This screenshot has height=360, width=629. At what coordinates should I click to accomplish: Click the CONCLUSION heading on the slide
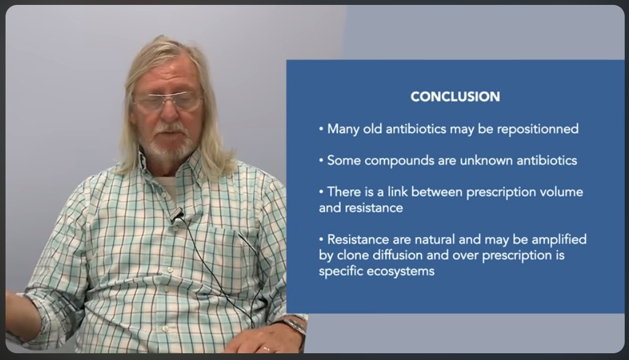(x=455, y=96)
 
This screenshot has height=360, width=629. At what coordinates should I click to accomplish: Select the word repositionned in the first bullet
(x=537, y=129)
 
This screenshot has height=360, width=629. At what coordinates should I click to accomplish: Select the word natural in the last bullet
(x=435, y=240)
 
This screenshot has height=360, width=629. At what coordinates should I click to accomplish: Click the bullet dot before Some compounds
(x=321, y=161)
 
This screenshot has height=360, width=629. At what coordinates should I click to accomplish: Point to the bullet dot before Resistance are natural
(x=321, y=240)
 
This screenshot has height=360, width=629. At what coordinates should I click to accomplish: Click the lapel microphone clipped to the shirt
(x=177, y=216)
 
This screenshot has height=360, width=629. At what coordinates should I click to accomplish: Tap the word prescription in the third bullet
(x=501, y=192)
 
